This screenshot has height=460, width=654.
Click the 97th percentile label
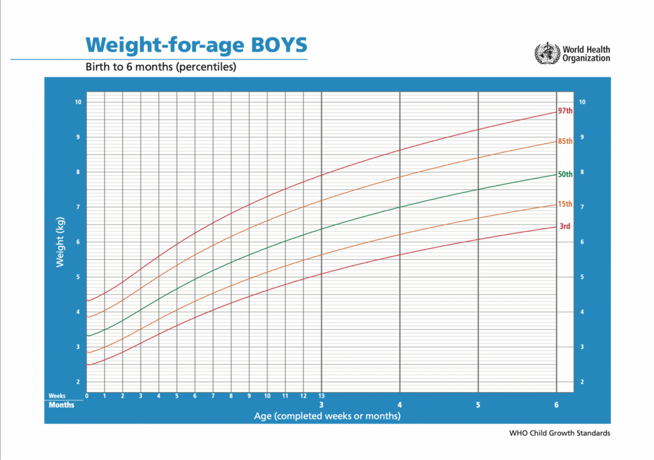[x=565, y=111]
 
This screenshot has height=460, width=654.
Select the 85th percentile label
[x=565, y=141]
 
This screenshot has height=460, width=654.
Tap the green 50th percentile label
[x=565, y=174]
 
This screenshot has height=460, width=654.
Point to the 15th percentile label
[x=565, y=204]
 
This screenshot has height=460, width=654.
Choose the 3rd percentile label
[x=564, y=226]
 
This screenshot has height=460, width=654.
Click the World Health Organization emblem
[x=547, y=53]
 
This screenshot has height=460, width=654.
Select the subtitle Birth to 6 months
[x=161, y=67]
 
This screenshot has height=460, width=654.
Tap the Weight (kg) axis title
[x=60, y=242]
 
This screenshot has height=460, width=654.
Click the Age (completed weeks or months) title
[x=327, y=416]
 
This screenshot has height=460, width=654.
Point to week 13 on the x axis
[x=321, y=396]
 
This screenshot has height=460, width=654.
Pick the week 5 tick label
[x=177, y=396]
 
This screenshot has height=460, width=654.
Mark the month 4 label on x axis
[x=400, y=404]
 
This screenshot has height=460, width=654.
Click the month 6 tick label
[x=557, y=404]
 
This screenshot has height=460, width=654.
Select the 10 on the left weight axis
[x=78, y=102]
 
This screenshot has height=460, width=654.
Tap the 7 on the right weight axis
[x=581, y=207]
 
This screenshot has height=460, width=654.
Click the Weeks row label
[x=56, y=396]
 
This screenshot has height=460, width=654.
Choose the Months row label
[x=61, y=404]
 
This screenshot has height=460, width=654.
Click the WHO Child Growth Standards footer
[x=559, y=433]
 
